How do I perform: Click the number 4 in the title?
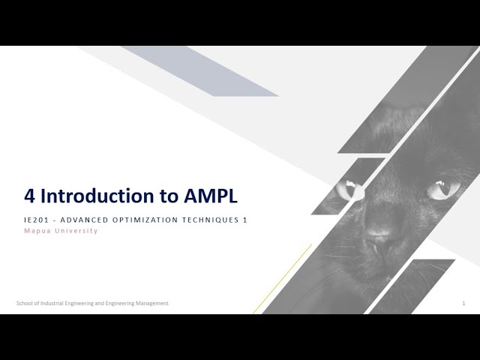point(30,196)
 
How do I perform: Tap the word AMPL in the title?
point(211,196)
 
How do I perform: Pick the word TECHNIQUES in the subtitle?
point(211,220)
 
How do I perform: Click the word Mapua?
point(37,231)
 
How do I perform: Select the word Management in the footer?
point(152,303)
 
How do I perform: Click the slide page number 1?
point(463,303)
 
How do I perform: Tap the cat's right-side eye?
point(442,188)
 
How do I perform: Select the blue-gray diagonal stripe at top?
point(202,72)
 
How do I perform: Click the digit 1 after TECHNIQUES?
point(245,220)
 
